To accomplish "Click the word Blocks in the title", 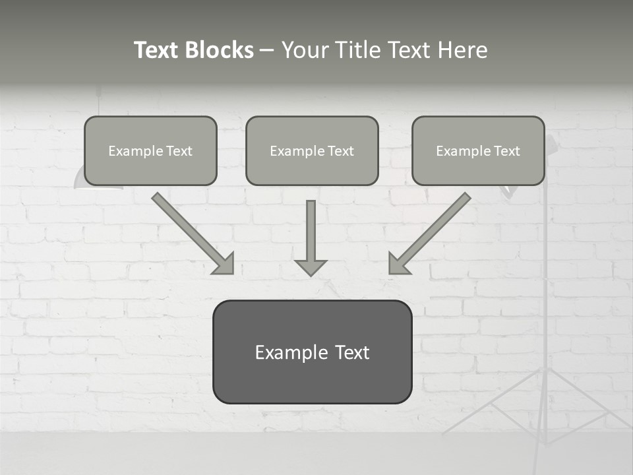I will (220, 50).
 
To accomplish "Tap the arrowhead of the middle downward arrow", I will (311, 267).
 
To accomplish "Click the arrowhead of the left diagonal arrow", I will (224, 263).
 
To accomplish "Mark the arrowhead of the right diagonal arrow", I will (398, 263).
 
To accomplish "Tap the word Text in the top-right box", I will (507, 151).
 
